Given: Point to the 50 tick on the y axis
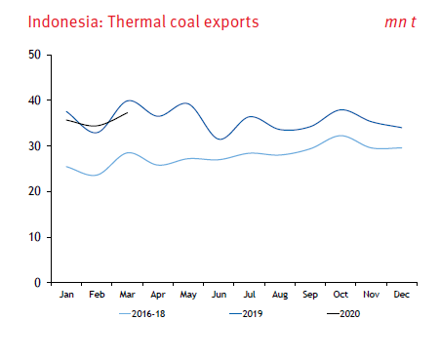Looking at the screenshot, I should tap(33, 55).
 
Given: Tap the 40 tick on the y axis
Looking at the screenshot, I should tap(33, 100).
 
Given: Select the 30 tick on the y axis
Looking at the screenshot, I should tap(33, 146).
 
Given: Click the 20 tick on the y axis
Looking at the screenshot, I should tap(33, 191).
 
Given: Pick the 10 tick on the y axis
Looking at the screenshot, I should tap(33, 237).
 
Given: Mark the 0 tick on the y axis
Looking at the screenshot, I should tap(36, 283).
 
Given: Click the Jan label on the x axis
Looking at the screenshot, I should tap(67, 294).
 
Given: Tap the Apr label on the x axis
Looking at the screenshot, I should tap(158, 294).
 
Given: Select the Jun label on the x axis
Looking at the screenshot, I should tap(220, 294).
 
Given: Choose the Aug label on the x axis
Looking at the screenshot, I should tap(280, 294).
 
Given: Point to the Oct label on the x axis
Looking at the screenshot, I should tap(340, 294).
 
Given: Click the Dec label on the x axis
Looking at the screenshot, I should tap(402, 294).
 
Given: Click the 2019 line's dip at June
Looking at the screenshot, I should tap(220, 139).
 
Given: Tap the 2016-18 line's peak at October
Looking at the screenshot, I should tap(339, 136).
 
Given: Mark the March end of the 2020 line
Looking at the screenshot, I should tap(128, 113).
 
